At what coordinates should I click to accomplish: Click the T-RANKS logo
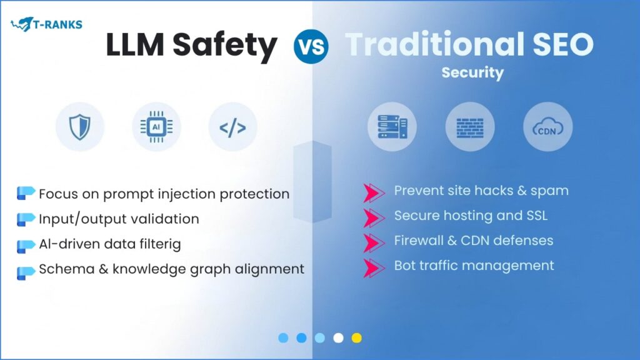[x=46, y=25]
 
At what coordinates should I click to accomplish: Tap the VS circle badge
[x=311, y=46]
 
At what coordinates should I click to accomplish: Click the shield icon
[x=79, y=127]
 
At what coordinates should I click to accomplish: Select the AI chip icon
[x=156, y=127]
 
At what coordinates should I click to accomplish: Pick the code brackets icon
[x=232, y=128]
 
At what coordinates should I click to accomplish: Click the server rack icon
[x=392, y=127]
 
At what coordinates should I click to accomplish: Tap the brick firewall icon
[x=469, y=127]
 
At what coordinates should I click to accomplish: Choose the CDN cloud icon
[x=547, y=128]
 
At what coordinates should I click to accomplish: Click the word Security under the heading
[x=472, y=72]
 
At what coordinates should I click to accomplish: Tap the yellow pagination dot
[x=356, y=338]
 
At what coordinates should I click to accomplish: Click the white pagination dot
[x=338, y=338]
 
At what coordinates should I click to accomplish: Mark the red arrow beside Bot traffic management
[x=374, y=266]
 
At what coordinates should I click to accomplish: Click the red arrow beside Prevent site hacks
[x=374, y=192]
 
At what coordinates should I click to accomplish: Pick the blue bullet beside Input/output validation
[x=26, y=219]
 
